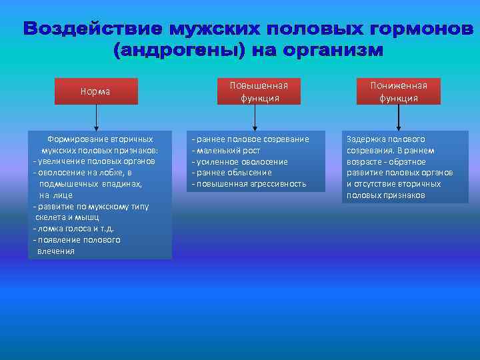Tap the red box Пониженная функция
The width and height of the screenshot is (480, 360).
[399, 91]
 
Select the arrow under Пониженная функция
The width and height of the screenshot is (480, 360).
[399, 117]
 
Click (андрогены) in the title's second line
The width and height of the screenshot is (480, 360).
[175, 50]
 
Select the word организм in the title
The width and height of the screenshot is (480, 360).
[334, 50]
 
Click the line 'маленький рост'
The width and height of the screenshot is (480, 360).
[226, 151]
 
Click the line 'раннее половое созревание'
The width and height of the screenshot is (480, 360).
[251, 139]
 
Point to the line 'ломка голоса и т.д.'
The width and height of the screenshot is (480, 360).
[73, 229]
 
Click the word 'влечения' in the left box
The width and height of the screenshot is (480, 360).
[56, 251]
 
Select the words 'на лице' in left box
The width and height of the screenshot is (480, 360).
[55, 195]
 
